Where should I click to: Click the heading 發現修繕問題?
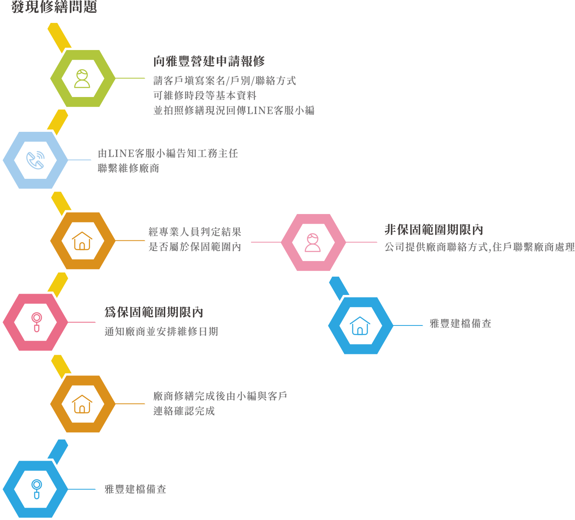click(x=54, y=7)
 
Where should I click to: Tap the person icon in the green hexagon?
click(x=82, y=79)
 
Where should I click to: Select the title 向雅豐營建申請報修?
click(x=209, y=61)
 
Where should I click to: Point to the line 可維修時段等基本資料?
click(x=205, y=96)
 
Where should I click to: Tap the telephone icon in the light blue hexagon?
click(x=35, y=160)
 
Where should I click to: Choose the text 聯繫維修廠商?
click(x=129, y=168)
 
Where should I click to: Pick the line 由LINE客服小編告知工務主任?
click(x=168, y=153)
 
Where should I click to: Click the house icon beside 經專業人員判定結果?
click(x=82, y=241)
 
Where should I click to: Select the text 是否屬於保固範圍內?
click(x=195, y=247)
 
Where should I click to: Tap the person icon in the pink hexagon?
click(x=313, y=242)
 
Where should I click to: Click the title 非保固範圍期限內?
click(x=434, y=230)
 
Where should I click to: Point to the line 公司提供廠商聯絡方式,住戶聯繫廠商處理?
click(x=479, y=247)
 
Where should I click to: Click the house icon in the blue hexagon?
click(x=360, y=326)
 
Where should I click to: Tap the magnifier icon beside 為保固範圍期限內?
click(x=36, y=322)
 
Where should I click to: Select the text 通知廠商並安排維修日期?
click(x=161, y=331)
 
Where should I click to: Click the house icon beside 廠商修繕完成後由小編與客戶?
click(x=82, y=404)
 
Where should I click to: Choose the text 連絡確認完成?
click(x=184, y=411)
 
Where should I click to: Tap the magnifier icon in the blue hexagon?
click(x=36, y=489)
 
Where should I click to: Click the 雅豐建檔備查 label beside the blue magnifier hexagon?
click(x=135, y=489)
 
